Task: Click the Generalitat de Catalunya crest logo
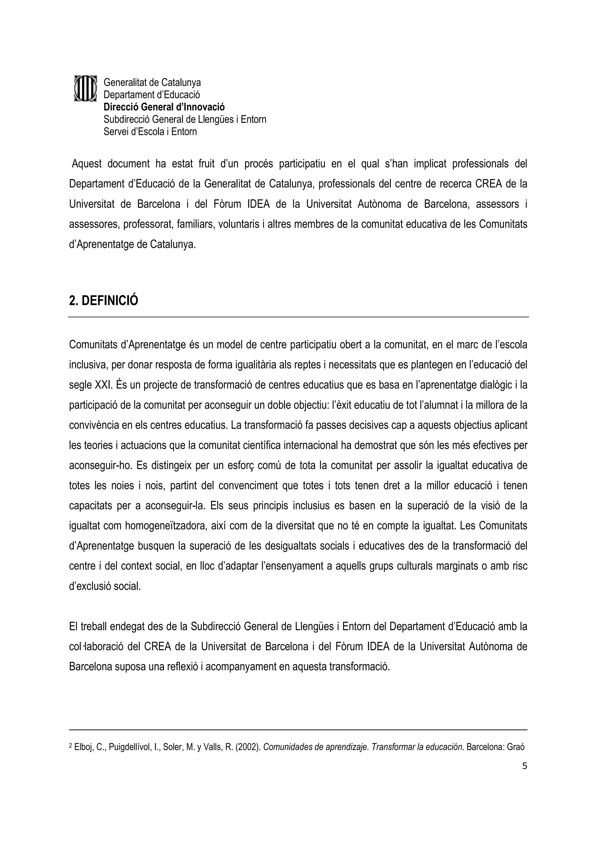click(x=85, y=88)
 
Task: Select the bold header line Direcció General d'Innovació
click(x=164, y=107)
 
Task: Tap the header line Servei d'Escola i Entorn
click(x=150, y=132)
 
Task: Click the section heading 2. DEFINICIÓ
click(x=104, y=301)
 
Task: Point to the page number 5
click(x=524, y=766)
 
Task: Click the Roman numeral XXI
click(x=103, y=385)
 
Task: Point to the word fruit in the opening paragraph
click(x=206, y=164)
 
